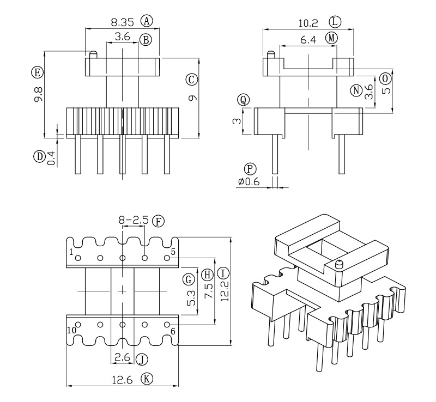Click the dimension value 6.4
[309, 39]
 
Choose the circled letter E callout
[37, 72]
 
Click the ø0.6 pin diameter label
[249, 182]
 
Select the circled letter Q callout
[244, 100]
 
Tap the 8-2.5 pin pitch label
[134, 221]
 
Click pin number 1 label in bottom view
[71, 252]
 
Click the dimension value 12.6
[124, 380]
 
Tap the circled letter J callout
[142, 359]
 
